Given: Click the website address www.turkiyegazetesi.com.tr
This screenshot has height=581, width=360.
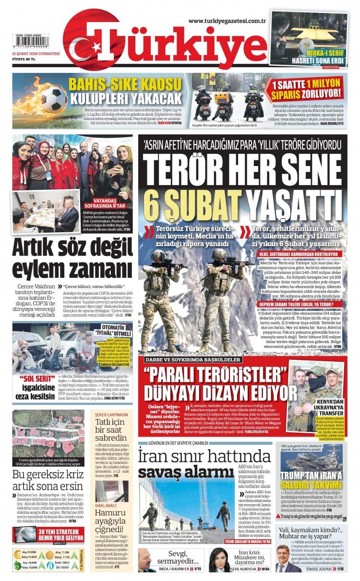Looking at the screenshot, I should point(227,21).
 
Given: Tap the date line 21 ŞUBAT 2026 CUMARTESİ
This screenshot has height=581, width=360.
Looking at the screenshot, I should point(36,54).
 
